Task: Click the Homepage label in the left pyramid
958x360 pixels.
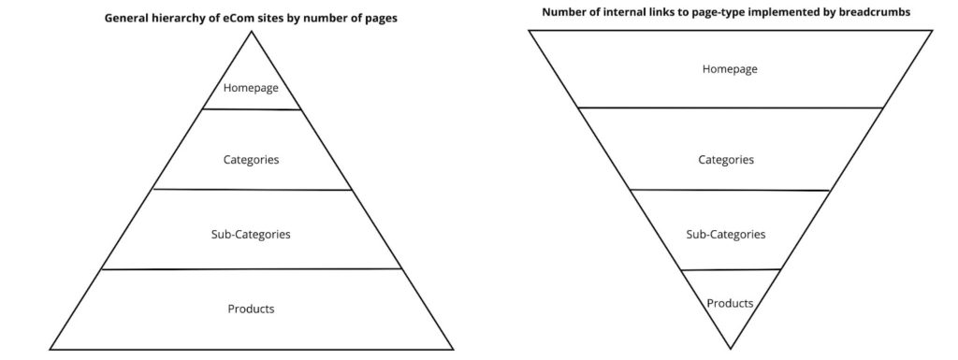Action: click(x=251, y=89)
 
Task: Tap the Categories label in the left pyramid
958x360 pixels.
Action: click(x=251, y=160)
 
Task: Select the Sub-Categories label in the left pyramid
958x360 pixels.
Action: click(x=251, y=234)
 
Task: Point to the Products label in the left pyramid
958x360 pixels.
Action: click(x=251, y=309)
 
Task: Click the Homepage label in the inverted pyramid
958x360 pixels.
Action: click(x=730, y=69)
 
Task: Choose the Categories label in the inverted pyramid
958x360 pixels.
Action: click(x=726, y=160)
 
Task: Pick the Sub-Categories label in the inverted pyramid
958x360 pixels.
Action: click(x=726, y=234)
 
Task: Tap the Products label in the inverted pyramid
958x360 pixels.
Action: click(x=730, y=303)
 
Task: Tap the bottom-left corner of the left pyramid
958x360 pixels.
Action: click(x=50, y=350)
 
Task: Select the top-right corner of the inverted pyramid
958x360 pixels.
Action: click(x=932, y=30)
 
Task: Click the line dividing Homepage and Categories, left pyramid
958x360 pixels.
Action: click(x=251, y=109)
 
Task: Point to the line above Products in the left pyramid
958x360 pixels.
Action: click(x=251, y=269)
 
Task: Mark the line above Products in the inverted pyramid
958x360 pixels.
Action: click(x=731, y=269)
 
